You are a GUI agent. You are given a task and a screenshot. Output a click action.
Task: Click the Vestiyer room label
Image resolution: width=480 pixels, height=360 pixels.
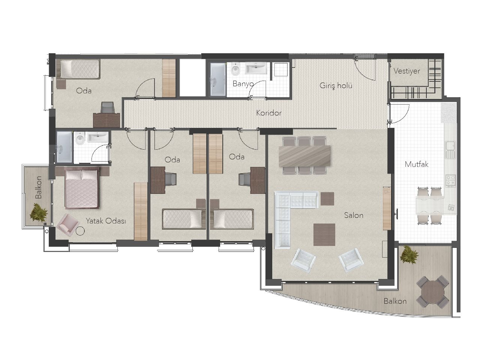(406, 71)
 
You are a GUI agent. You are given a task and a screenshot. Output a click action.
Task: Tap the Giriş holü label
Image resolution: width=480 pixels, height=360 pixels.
(336, 85)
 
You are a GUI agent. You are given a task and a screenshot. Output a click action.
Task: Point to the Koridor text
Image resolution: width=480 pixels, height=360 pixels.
(269, 113)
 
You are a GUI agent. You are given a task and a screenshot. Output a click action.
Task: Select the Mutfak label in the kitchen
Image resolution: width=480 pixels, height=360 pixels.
(416, 164)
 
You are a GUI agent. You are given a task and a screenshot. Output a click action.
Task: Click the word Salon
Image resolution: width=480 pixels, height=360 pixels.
(354, 215)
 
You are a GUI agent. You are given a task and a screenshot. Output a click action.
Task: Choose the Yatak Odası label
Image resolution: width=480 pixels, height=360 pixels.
(106, 221)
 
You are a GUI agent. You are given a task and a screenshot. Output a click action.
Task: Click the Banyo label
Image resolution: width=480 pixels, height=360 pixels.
(243, 84)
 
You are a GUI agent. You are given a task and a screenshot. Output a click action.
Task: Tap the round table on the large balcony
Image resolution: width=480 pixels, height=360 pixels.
(432, 292)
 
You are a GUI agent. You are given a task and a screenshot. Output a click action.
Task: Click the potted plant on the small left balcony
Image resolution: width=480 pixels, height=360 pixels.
(39, 213)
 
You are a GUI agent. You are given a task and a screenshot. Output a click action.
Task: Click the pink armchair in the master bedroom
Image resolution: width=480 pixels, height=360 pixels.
(67, 225)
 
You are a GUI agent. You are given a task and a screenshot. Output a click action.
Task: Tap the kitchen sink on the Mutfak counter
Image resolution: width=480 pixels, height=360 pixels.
(450, 150)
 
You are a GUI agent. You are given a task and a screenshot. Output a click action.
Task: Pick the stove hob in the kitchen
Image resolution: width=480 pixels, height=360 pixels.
(450, 181)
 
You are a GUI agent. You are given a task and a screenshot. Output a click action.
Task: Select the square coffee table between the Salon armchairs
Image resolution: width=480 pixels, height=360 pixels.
(324, 234)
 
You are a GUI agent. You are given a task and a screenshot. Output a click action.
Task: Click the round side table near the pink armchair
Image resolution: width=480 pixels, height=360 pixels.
(80, 231)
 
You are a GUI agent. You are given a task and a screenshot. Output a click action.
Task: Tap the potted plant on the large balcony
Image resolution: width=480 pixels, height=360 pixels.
(409, 254)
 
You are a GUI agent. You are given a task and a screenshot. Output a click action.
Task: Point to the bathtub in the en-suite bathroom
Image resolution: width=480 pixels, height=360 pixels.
(64, 147)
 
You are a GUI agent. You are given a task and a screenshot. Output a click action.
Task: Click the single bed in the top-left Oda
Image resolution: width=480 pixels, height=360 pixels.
(79, 69)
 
